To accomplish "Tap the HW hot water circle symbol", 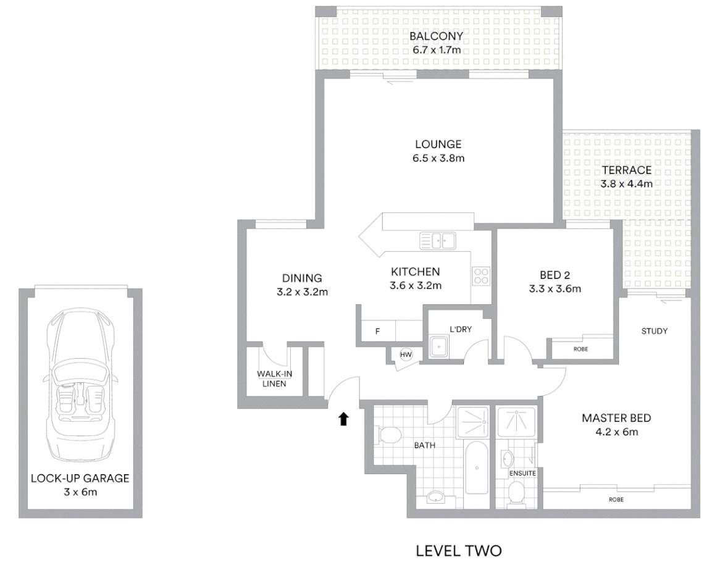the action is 406,355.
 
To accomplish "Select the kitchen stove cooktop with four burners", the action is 481,276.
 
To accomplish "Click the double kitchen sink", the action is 438,240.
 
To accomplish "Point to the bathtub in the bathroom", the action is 477,467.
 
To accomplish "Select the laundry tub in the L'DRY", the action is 439,346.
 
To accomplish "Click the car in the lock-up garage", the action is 80,388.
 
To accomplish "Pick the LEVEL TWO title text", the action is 459,551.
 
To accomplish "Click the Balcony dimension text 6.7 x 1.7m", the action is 437,49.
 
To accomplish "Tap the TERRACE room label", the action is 627,170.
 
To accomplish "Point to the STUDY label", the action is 654,331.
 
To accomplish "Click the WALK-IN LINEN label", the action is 274,379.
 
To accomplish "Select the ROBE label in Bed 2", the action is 581,349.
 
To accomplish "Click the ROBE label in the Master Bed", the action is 616,500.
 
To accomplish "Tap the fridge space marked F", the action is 377,331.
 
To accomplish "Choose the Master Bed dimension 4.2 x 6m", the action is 617,432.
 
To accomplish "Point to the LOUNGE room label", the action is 438,144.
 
